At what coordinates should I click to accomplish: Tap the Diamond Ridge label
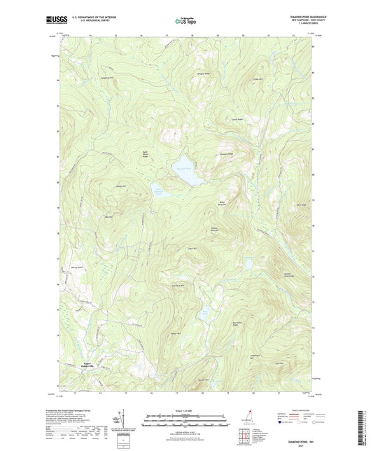(225, 153)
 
